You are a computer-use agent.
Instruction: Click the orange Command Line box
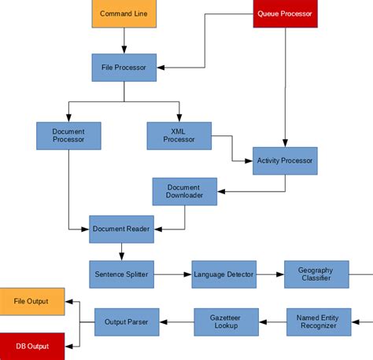124,13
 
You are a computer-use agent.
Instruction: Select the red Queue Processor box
285,13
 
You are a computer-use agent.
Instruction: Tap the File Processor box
124,67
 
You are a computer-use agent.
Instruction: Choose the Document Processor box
68,135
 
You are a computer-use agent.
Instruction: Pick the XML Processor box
179,135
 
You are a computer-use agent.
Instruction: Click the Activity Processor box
285,160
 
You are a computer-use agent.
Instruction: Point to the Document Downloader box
184,191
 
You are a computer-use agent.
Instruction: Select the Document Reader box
120,229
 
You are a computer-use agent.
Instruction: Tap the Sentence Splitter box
120,274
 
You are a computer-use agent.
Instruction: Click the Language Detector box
224,274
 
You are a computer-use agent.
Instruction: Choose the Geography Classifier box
316,274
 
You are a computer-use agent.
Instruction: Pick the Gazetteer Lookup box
227,321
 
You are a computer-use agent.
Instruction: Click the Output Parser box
127,321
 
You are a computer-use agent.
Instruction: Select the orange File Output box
31,301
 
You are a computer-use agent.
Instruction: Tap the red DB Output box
31,346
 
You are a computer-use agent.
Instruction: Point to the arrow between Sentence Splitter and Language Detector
172,274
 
